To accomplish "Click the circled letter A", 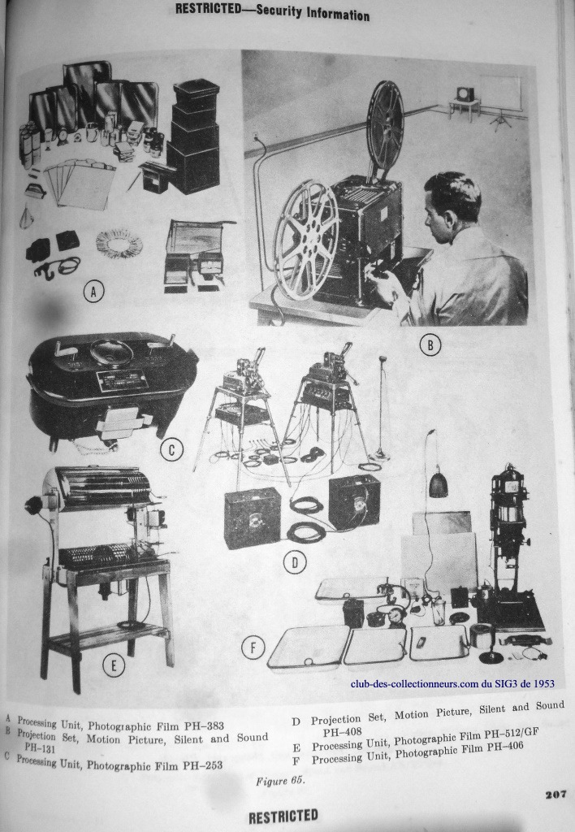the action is tap(93, 292).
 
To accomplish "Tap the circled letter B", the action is tap(430, 345).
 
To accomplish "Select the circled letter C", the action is tap(171, 450).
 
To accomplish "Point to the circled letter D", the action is tap(295, 563).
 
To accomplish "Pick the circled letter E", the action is tap(114, 665).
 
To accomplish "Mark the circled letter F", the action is tap(253, 648).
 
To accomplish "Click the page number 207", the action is tap(556, 795).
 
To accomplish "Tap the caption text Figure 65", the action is tap(280, 781).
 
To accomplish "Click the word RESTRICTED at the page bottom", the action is tap(283, 817).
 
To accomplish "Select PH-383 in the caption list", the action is tap(202, 726).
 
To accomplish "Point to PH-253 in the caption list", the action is tap(202, 765).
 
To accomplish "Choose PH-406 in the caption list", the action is tap(503, 747).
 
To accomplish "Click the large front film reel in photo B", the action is tap(306, 240).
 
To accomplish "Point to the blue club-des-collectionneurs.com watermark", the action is tap(452, 684).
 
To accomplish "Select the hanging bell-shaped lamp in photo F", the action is tap(438, 484).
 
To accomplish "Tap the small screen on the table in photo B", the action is tap(465, 94).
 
